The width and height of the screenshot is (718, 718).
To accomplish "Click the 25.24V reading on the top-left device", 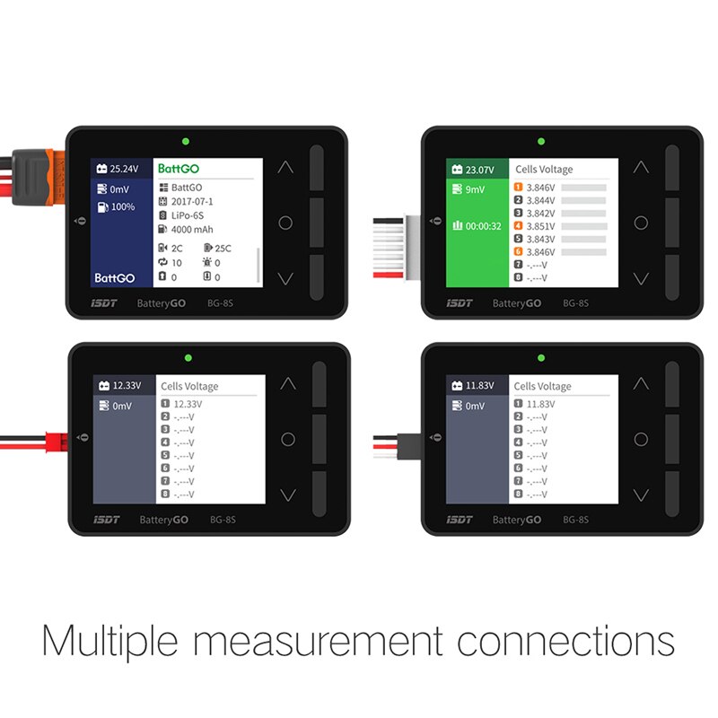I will pos(125,168).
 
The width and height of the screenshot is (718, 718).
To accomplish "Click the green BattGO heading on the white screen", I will pos(179,168).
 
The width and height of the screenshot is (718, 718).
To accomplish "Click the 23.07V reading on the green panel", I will pos(479,169).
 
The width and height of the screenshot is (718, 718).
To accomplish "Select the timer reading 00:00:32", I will pos(483,226).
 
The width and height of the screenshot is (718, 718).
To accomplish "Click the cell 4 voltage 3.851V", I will pos(541,226).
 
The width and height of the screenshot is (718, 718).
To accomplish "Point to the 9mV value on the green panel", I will pos(476,189).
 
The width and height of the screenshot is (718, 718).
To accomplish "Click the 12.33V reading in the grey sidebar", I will pos(127,386).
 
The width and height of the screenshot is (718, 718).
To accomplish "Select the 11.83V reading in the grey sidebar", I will pos(480,386).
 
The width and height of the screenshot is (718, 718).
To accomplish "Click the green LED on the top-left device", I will pos(185,141).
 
